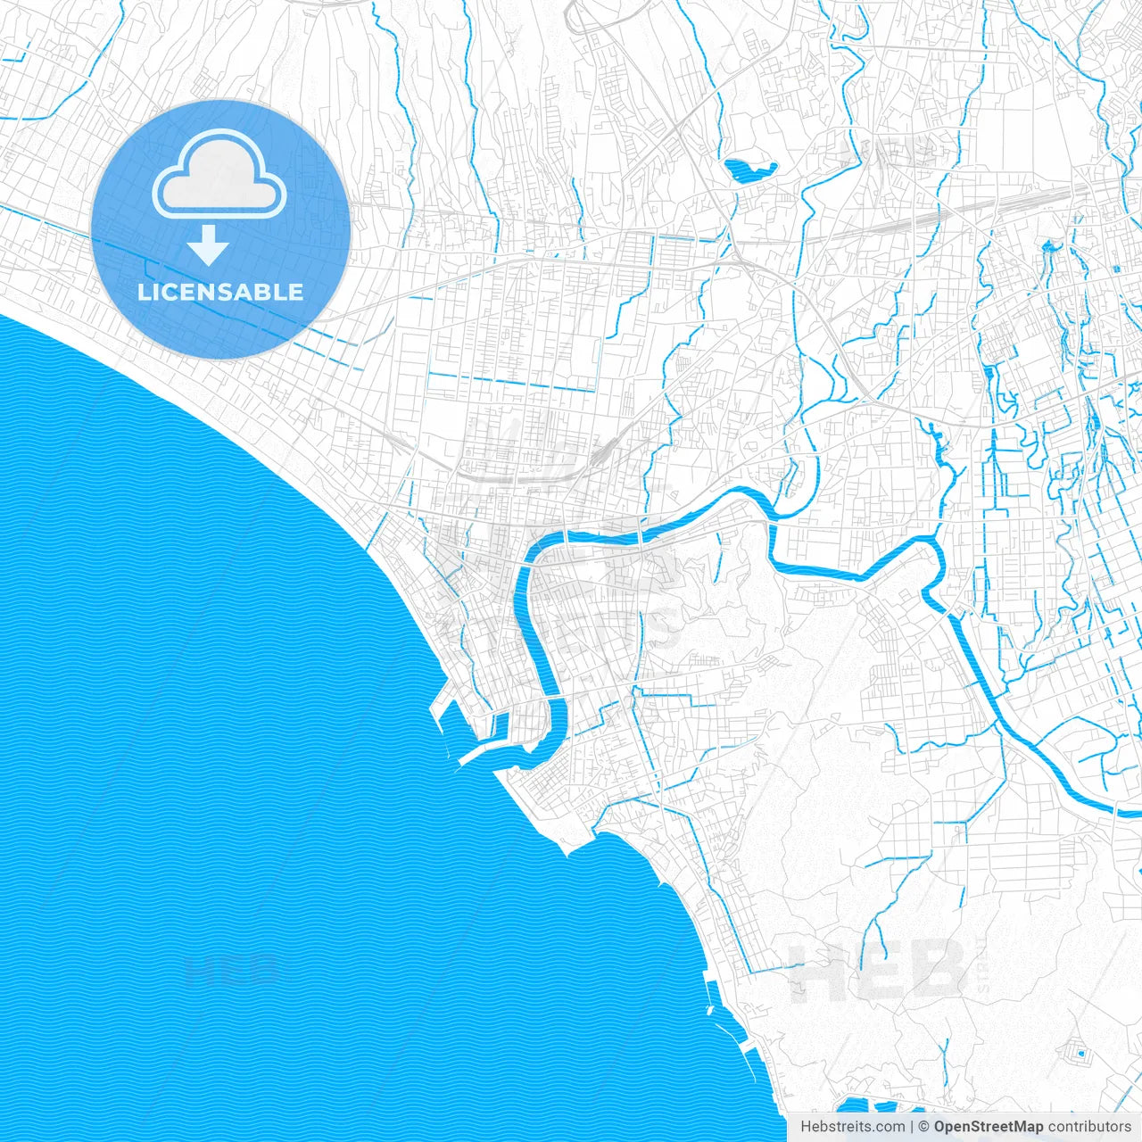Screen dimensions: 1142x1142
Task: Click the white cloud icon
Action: pyautogui.click(x=219, y=173)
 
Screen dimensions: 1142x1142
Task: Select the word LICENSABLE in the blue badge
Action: pyautogui.click(x=220, y=292)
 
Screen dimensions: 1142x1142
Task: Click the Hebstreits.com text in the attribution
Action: pyautogui.click(x=852, y=1127)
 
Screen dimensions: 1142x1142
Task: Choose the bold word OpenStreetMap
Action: pyautogui.click(x=988, y=1127)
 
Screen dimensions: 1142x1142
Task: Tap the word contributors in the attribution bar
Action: pyautogui.click(x=1089, y=1127)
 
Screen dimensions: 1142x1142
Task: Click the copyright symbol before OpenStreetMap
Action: pyautogui.click(x=924, y=1127)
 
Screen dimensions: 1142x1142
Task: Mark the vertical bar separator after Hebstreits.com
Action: pyautogui.click(x=912, y=1127)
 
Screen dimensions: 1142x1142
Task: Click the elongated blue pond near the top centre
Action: pyautogui.click(x=748, y=169)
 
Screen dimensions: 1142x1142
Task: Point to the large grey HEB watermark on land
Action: pyautogui.click(x=879, y=969)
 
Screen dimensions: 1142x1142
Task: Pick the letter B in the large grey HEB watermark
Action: pyautogui.click(x=937, y=969)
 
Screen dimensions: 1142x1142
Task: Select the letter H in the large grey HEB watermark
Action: pyautogui.click(x=816, y=969)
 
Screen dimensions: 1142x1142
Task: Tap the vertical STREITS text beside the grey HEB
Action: pyautogui.click(x=983, y=969)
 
